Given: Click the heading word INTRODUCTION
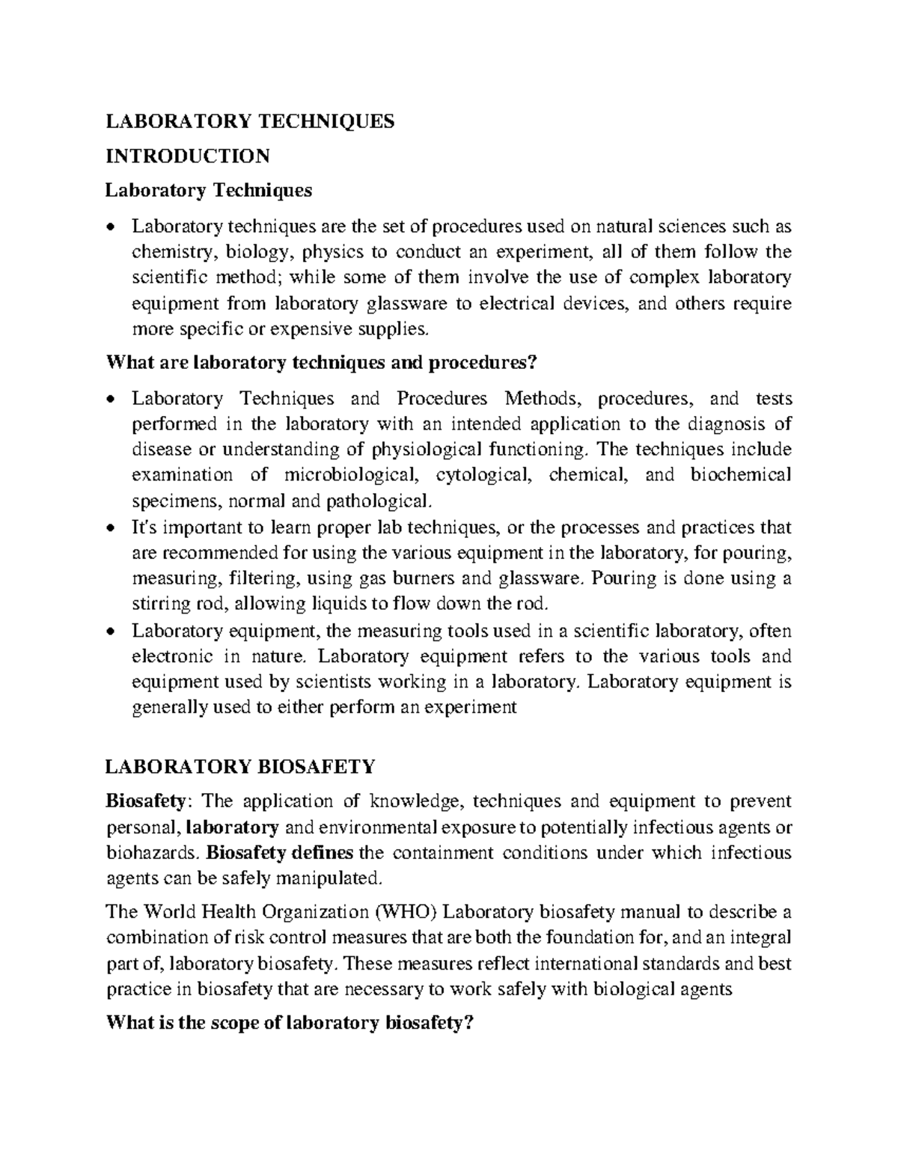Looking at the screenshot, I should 187,156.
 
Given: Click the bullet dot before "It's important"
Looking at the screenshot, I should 112,528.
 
